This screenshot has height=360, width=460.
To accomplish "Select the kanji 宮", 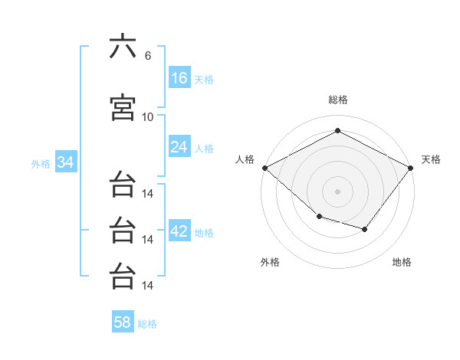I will tap(123, 107).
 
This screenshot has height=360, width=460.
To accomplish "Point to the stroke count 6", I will tap(147, 56).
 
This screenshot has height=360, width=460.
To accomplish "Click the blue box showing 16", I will tap(179, 78).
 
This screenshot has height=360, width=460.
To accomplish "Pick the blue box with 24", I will tap(179, 147).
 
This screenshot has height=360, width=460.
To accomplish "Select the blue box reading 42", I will tap(179, 231).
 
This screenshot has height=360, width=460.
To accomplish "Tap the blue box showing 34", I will tap(65, 162).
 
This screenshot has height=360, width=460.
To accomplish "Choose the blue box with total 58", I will tap(122, 322).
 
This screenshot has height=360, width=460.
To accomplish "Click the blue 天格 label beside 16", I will tap(204, 79).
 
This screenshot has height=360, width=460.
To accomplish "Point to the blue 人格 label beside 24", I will tap(204, 148).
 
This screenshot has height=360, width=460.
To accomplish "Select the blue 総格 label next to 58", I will tap(147, 323).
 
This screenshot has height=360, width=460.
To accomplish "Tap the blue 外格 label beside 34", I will tap(41, 163).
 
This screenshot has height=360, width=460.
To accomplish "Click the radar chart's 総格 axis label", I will tap(337, 100).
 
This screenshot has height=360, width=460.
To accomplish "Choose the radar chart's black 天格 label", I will tap(431, 159).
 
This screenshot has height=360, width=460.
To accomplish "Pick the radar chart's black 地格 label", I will tap(402, 262).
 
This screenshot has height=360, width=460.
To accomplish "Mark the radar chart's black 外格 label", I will tap(270, 262).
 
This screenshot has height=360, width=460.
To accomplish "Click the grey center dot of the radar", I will tap(337, 191).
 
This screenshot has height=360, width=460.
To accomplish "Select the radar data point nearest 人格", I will tap(265, 168).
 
